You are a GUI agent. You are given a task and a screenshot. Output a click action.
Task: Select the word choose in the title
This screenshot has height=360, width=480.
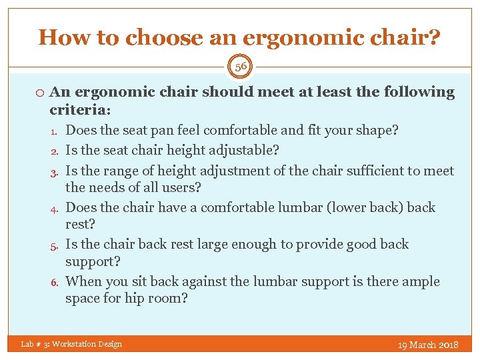(150, 38)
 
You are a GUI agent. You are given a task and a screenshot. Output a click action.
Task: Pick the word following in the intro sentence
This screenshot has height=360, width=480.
(415, 93)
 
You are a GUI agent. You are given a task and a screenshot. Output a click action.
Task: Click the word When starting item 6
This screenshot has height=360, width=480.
(84, 281)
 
